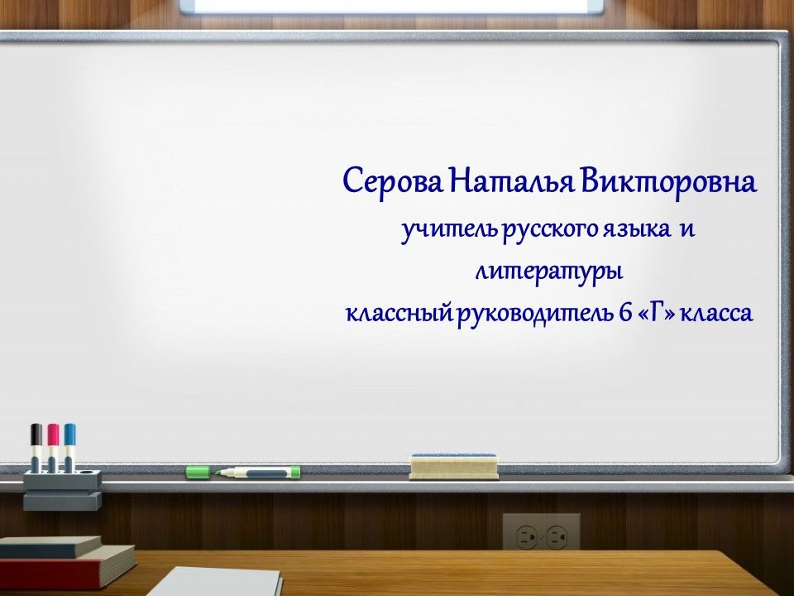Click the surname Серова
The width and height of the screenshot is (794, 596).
(392, 181)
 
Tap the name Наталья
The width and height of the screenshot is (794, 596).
(511, 181)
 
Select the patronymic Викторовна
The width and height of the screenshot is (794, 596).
(668, 181)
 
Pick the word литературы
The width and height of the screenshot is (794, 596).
(548, 272)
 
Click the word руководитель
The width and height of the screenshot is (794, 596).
(534, 315)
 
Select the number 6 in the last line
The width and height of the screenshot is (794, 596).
(624, 314)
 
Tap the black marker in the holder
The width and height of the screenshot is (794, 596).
(36, 447)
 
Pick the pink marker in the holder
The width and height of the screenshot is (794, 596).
(53, 447)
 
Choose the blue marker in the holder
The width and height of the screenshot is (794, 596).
(69, 447)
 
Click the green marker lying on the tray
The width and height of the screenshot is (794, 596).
(258, 473)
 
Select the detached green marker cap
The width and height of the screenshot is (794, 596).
(198, 472)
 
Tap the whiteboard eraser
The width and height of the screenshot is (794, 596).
(454, 466)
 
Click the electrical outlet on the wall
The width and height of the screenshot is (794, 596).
(541, 531)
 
